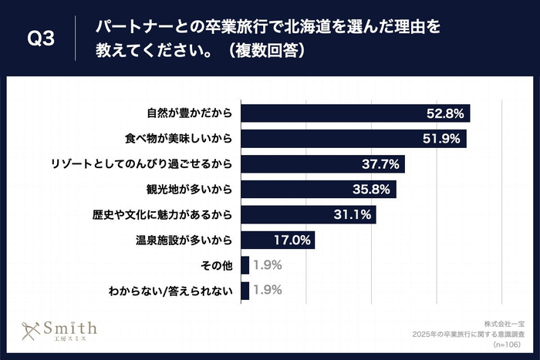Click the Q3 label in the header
point(40,39)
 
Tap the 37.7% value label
point(380,164)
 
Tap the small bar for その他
point(245,265)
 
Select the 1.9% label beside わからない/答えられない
point(267,291)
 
